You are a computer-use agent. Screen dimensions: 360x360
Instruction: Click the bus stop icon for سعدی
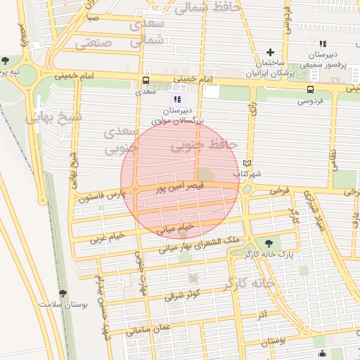coord(146,80)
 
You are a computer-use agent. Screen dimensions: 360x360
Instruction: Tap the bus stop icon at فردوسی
coord(310,89)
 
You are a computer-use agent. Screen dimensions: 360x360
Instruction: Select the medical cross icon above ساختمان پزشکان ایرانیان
coord(271,53)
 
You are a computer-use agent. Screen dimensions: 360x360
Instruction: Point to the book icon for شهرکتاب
coord(246,163)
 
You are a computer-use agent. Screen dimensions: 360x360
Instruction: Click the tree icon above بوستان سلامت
coord(63,292)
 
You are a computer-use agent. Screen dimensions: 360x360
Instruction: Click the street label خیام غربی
coord(107,237)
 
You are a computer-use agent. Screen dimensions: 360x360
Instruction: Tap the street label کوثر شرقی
coord(182,295)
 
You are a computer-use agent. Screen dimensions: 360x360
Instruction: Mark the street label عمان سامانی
coord(150,326)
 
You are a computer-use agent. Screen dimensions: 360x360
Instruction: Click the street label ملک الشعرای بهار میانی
coord(200,244)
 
